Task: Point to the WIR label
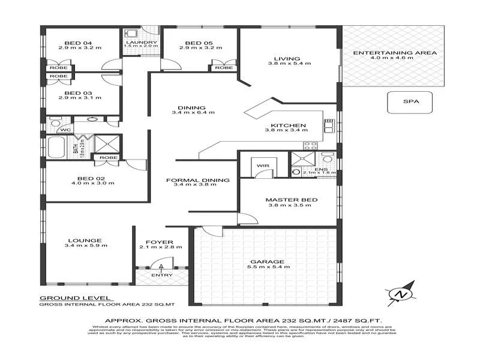click(262, 164)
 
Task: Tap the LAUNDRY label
click(140, 43)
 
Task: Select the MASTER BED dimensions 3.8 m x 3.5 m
click(290, 205)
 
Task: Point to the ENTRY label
click(162, 275)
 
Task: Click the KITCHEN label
click(294, 126)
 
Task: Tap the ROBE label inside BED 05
click(223, 68)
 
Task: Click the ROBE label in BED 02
click(108, 157)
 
